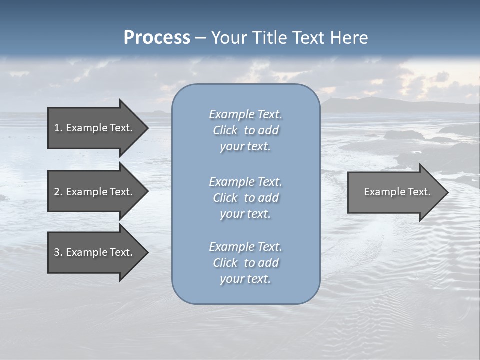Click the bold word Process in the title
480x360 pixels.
click(x=157, y=38)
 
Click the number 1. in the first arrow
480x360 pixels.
click(x=58, y=128)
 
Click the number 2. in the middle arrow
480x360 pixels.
click(x=58, y=192)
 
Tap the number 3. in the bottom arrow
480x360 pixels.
click(x=58, y=252)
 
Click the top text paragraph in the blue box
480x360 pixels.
click(x=245, y=130)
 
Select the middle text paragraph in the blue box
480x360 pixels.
click(x=245, y=198)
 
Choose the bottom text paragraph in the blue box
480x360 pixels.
click(x=245, y=263)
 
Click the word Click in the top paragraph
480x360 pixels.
click(x=225, y=130)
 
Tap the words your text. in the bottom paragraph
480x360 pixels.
click(x=245, y=279)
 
